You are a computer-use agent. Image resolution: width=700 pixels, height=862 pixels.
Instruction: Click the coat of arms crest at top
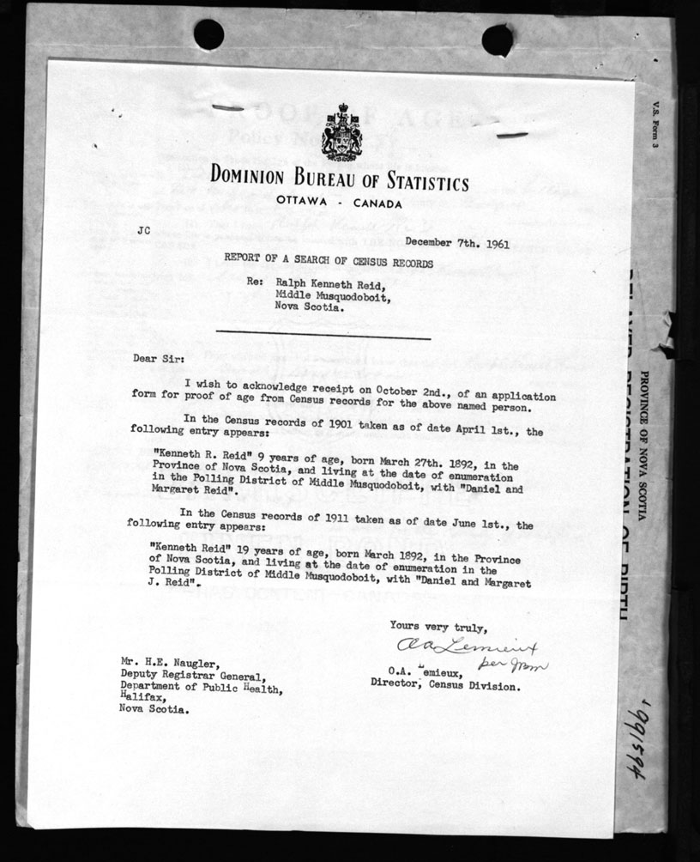click(x=340, y=132)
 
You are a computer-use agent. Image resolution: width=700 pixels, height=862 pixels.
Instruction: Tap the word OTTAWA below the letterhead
click(x=304, y=201)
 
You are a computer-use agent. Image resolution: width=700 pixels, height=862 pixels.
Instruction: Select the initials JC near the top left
click(x=143, y=230)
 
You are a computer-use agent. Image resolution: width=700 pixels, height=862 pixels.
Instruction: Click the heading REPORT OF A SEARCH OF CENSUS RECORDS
click(x=329, y=262)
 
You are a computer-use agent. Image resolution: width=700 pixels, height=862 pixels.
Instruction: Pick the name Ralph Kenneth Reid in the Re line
click(x=331, y=282)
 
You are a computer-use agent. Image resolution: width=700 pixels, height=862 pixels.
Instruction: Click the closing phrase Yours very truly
click(x=438, y=626)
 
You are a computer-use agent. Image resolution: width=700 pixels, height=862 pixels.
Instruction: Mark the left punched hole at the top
click(x=208, y=34)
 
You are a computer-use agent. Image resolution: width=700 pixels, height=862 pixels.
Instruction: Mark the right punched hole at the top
click(x=498, y=39)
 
